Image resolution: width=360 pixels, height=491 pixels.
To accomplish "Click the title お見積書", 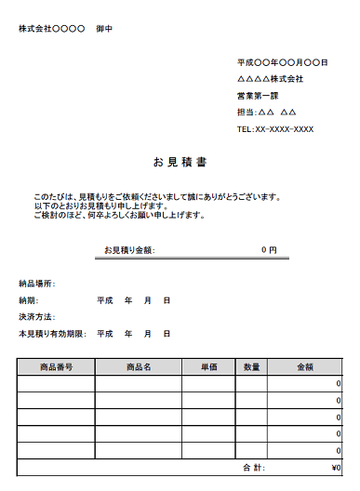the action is (x=180, y=162).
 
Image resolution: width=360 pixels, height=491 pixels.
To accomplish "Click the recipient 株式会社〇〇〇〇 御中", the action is (x=65, y=29).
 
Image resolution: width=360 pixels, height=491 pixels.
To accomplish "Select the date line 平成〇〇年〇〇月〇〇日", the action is (x=283, y=62).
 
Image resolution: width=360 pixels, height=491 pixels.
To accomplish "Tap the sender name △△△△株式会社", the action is (x=270, y=79).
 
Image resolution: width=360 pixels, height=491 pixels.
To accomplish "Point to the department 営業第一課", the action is (x=258, y=96).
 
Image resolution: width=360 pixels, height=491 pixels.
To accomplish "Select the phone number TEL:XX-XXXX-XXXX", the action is (x=275, y=129).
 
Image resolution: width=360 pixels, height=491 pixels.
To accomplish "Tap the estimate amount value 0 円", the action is (x=269, y=250).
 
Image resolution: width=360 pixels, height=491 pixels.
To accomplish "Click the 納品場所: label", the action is (x=37, y=284).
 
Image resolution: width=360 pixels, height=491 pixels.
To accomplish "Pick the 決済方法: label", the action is (x=37, y=317).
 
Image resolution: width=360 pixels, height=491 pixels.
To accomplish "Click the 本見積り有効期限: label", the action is (x=52, y=334).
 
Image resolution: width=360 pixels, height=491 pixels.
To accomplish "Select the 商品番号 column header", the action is (x=56, y=367).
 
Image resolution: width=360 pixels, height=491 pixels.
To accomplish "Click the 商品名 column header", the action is (x=139, y=367).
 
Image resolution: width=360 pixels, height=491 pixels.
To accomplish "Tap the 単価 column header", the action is (x=209, y=367).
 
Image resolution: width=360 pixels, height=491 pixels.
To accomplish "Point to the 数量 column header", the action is (x=252, y=367).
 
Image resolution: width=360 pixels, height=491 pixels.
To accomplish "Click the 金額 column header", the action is (x=305, y=367).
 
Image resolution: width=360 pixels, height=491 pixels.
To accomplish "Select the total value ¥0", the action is (x=336, y=468).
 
